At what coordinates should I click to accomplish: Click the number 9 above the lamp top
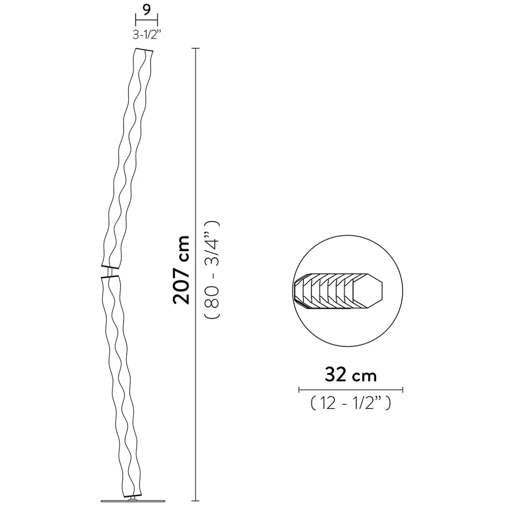point(147,10)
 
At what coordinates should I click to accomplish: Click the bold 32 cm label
point(350,374)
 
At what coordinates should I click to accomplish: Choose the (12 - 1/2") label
point(350,404)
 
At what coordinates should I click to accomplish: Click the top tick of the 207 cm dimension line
point(196,48)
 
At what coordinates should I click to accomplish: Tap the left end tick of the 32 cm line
point(299,389)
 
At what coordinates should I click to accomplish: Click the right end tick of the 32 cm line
point(403,389)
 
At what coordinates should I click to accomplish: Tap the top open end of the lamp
point(144,50)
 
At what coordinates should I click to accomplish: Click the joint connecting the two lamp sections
point(110,271)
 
